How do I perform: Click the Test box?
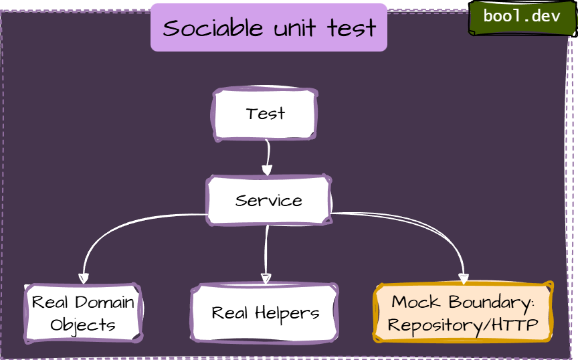click(265, 114)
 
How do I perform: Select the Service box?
click(268, 200)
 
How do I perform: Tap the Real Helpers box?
click(265, 313)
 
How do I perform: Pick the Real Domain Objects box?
click(83, 313)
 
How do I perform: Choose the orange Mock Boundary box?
click(462, 313)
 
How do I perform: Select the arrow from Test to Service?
click(267, 157)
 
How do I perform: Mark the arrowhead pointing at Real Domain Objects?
click(84, 278)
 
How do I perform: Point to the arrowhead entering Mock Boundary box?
click(463, 278)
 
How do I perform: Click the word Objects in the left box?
click(83, 325)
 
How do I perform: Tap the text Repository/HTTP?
click(462, 325)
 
